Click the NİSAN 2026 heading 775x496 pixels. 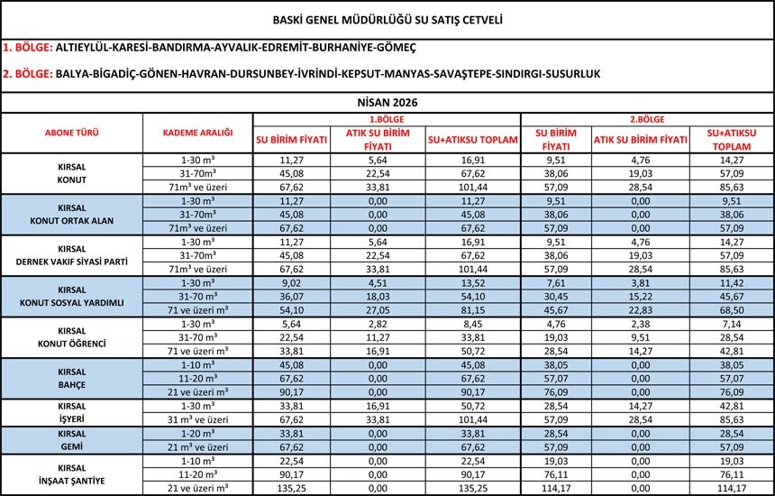tap(387, 102)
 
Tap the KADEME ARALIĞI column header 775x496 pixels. tap(197, 133)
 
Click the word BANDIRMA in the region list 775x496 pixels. tap(181, 45)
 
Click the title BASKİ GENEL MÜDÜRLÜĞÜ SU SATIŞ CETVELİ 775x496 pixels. tap(387, 18)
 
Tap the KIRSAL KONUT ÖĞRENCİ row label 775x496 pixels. tap(72, 335)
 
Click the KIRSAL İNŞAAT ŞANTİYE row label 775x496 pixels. tap(72, 474)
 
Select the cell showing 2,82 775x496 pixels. tap(378, 323)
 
